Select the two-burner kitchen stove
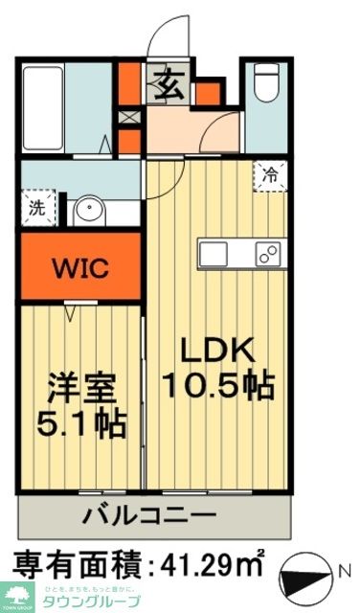pyautogui.click(x=266, y=254)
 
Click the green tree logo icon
pyautogui.click(x=16, y=594)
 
